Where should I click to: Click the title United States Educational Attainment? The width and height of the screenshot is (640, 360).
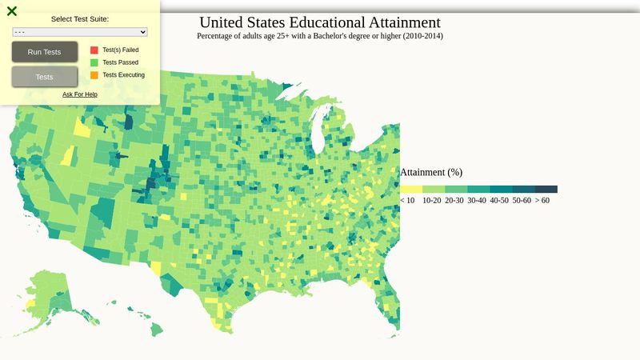[x=319, y=22]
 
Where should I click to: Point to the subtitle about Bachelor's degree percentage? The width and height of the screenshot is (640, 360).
[x=319, y=36]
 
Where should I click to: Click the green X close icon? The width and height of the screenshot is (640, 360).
[x=12, y=11]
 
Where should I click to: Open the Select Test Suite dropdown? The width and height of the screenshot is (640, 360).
[x=80, y=32]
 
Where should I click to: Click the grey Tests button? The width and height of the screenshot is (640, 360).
[x=45, y=77]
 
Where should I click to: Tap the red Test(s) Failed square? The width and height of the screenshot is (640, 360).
[x=94, y=50]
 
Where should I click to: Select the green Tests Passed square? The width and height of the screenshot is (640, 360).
[x=94, y=62]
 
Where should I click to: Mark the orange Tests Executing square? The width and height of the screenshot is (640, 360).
[x=94, y=75]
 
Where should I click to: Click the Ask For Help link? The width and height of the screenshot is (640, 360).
[x=80, y=94]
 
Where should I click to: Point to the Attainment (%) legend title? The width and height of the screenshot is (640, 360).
[x=431, y=172]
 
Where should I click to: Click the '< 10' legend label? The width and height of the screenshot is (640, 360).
[x=407, y=201]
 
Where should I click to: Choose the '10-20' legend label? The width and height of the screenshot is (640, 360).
[x=431, y=201]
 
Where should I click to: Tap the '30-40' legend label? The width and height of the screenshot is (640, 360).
[x=477, y=201]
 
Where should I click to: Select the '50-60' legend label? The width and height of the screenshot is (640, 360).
[x=522, y=201]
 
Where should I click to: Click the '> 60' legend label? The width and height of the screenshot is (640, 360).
[x=542, y=201]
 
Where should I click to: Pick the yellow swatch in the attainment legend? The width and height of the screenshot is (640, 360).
[x=411, y=190]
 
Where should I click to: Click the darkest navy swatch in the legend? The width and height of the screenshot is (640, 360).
[x=546, y=190]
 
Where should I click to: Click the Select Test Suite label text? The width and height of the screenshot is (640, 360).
[x=80, y=18]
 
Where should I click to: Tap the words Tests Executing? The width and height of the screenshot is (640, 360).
[x=123, y=75]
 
